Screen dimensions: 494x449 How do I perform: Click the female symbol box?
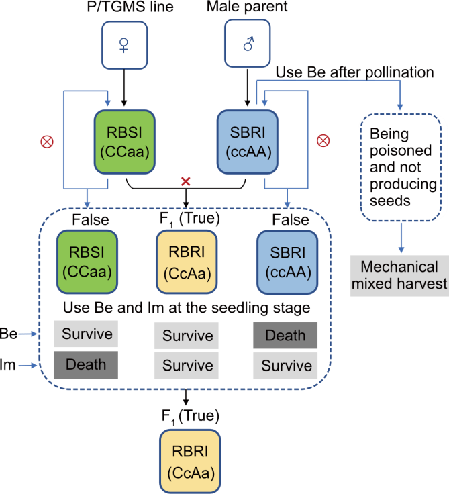tap(124, 44)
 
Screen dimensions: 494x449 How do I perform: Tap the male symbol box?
tap(248, 44)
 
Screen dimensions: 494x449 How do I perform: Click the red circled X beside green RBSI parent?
tap(47, 142)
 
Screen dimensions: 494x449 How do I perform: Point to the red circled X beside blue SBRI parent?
tap(323, 141)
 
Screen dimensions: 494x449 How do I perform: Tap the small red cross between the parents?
tap(186, 181)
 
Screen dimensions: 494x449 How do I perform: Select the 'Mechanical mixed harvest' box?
tap(399, 275)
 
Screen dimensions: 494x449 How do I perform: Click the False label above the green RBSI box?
tap(90, 220)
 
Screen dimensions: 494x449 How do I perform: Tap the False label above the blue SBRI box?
tap(290, 220)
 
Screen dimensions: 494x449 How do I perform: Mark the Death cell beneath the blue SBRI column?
tap(285, 335)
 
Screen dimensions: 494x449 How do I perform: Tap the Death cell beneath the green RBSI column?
tap(86, 364)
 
